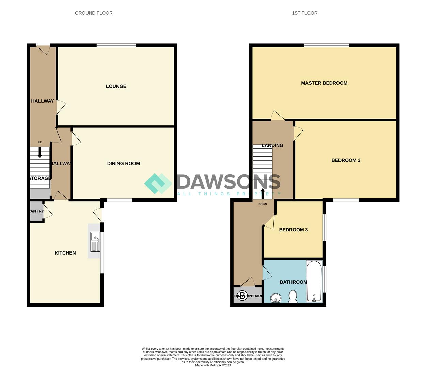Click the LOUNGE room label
[x=116, y=86]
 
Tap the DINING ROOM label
[x=123, y=163]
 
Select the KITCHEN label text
[x=65, y=253]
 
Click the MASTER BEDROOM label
[x=324, y=83]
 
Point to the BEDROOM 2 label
[x=346, y=160]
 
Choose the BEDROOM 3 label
[x=293, y=230]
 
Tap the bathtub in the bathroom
[x=314, y=281]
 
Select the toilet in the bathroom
[x=293, y=297]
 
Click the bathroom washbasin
[x=275, y=298]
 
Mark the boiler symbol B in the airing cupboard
[x=242, y=295]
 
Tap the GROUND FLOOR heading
[x=94, y=13]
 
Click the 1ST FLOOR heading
[x=304, y=13]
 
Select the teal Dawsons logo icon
[x=158, y=183]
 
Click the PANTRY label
[x=36, y=211]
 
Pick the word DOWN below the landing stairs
[x=263, y=204]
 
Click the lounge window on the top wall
[x=116, y=45]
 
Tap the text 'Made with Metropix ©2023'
[x=213, y=365]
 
